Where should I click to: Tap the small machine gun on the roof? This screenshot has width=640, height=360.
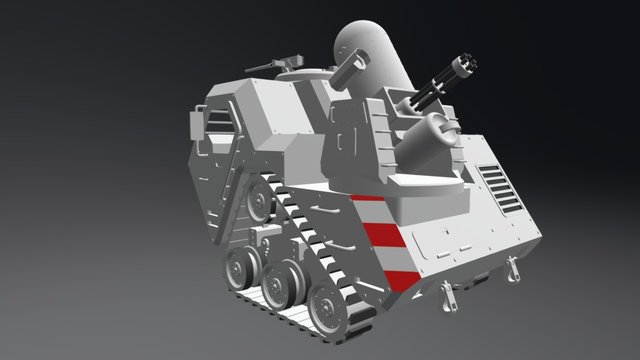point(281,63)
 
